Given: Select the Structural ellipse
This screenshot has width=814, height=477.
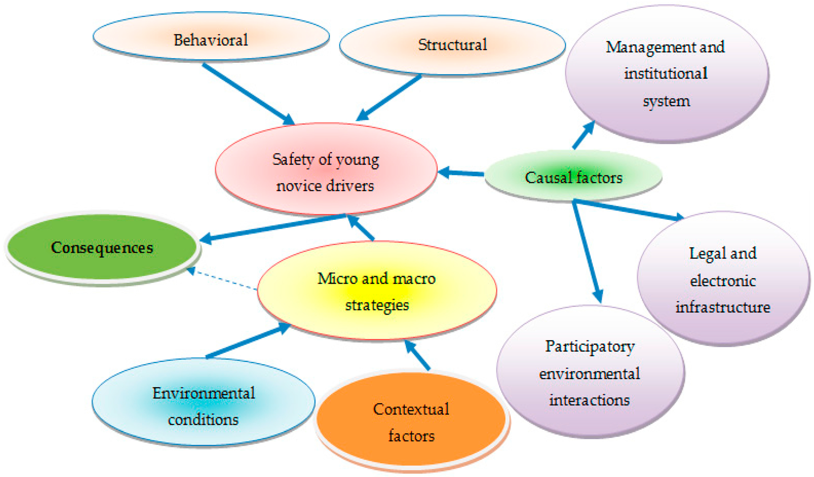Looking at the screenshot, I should point(452,45).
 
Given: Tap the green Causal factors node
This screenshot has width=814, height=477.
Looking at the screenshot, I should point(573,177).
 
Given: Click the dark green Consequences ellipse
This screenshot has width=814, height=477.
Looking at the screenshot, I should point(102,247).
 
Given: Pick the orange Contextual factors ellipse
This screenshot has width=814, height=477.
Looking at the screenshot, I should point(411,422).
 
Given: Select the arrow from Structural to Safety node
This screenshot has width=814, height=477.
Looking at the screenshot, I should point(389,98).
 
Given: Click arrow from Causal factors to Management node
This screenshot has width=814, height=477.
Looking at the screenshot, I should point(583,136).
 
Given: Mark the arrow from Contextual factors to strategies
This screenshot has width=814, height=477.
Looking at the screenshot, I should point(417,355).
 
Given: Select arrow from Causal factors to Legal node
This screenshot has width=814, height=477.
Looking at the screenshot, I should point(628,210).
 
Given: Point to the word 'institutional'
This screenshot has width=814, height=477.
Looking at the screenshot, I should point(665,73).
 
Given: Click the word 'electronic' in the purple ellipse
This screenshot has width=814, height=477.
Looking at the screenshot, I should point(722,281).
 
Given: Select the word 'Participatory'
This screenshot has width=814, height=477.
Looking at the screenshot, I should point(590,346).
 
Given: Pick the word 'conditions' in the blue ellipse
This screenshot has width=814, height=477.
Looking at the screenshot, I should point(203,420).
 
